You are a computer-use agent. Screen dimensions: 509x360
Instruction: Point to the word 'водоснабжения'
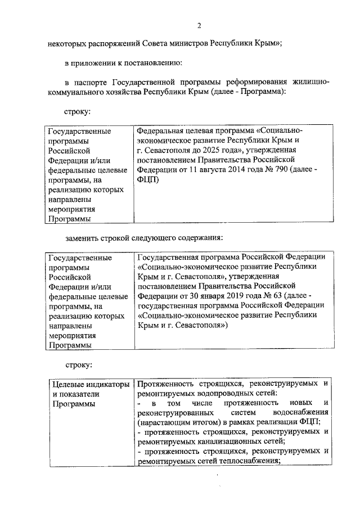(302, 413)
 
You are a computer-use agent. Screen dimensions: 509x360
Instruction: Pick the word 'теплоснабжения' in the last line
(250, 461)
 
